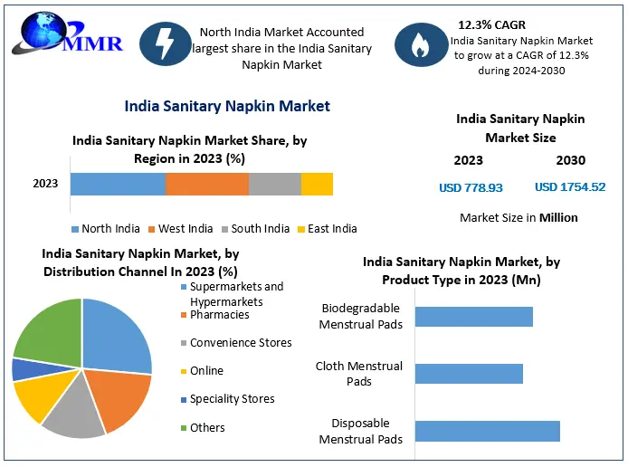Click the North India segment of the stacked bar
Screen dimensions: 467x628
point(118,184)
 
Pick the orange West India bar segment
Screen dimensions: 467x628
point(206,184)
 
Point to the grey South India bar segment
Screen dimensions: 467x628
point(274,184)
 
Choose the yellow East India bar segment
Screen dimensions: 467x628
point(317,184)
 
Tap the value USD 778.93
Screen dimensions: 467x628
point(471,187)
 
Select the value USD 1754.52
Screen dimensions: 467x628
point(570,187)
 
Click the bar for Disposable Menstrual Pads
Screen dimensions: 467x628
point(487,431)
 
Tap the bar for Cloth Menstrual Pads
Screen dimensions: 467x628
point(469,374)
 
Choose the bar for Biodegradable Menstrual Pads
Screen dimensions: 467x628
point(473,316)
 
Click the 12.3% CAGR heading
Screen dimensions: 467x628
point(491,24)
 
